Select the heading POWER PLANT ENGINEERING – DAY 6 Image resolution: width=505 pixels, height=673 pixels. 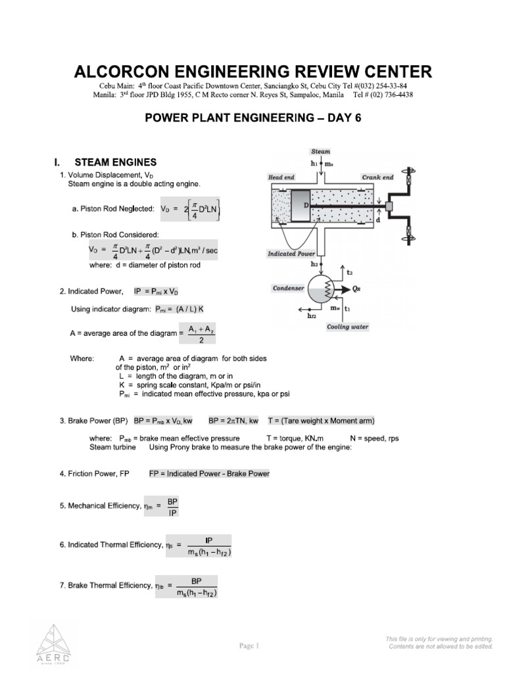(x=252, y=118)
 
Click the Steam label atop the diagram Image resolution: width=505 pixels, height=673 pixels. (x=321, y=151)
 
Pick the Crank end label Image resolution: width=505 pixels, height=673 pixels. (x=377, y=177)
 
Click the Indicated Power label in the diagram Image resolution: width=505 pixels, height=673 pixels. (x=292, y=253)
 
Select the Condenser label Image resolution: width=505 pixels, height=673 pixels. (x=289, y=288)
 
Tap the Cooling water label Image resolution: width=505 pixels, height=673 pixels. (x=348, y=327)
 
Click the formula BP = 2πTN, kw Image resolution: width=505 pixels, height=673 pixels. (x=233, y=420)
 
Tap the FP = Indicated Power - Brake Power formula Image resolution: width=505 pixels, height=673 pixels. (x=209, y=473)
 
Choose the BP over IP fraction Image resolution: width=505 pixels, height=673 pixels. (x=172, y=506)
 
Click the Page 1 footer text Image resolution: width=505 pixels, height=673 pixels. (x=249, y=645)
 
